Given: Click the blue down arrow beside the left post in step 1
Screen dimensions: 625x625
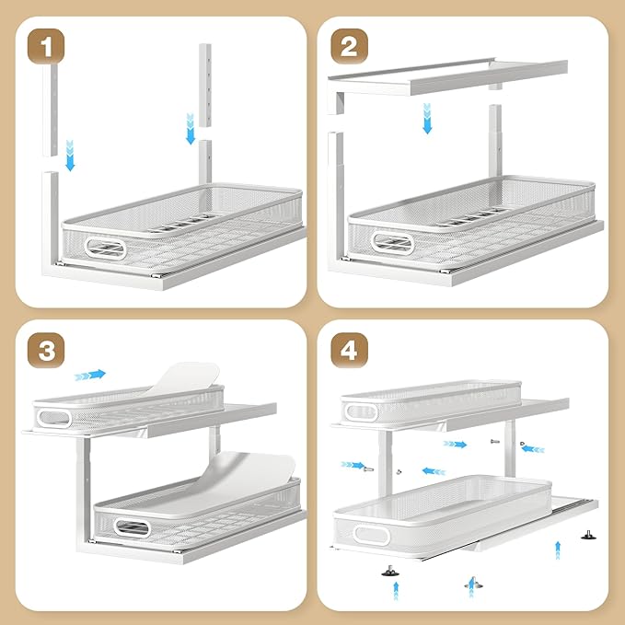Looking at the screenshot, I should click(x=71, y=156).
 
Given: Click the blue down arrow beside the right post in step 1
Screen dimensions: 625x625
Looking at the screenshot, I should click(x=191, y=129).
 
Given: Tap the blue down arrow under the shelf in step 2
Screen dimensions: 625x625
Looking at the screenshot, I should click(x=427, y=119).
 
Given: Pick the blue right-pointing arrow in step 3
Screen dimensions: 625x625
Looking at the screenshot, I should click(x=90, y=374).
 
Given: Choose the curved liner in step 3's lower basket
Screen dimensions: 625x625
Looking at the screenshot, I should click(x=249, y=474).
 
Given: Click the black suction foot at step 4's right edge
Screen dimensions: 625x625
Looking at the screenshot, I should click(x=587, y=532).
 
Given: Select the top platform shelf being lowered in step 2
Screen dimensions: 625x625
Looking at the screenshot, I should click(x=451, y=75).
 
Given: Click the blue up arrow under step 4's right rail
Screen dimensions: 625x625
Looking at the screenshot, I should click(x=558, y=550).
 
